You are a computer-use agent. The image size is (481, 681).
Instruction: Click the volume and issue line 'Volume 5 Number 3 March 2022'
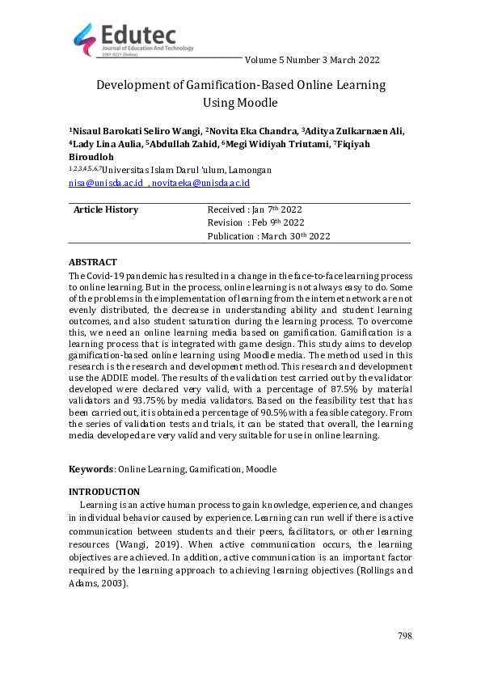pos(311,60)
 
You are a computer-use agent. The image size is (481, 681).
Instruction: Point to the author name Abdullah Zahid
pos(184,144)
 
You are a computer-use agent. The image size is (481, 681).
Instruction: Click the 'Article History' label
pos(106,210)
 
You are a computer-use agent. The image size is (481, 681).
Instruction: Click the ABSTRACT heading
pos(92,263)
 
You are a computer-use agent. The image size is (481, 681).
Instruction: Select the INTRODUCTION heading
pos(104,492)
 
